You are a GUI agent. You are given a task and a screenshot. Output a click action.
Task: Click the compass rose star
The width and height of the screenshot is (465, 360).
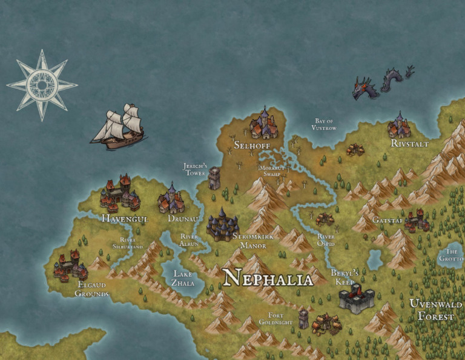click(x=42, y=85)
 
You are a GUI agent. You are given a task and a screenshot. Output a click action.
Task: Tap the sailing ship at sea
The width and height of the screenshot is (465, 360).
click(x=119, y=127)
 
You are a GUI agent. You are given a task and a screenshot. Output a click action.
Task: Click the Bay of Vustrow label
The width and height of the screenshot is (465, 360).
click(x=324, y=125)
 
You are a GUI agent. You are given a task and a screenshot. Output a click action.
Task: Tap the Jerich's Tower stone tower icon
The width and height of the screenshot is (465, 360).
click(x=214, y=178)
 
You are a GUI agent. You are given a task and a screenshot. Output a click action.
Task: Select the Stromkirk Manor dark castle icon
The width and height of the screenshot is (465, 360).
click(x=222, y=225)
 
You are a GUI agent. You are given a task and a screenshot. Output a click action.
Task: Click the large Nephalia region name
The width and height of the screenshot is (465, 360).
click(x=268, y=279)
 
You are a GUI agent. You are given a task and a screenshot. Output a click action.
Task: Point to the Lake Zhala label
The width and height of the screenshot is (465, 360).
click(x=183, y=278)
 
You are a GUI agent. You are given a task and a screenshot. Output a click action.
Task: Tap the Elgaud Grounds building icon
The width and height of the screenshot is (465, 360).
click(x=70, y=267)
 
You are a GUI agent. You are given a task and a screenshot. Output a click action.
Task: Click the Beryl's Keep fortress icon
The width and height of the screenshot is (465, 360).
click(x=356, y=298)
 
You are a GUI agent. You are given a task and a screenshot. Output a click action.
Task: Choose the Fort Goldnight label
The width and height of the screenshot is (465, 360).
click(x=275, y=319)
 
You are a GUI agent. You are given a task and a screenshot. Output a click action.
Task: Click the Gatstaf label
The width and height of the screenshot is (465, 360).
click(x=387, y=219)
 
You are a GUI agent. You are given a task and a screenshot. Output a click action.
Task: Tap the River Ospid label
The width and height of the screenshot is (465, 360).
click(x=326, y=240)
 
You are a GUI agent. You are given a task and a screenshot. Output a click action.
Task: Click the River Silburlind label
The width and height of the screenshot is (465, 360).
click(x=128, y=244)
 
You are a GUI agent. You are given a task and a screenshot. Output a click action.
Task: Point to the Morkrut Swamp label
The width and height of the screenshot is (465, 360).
click(x=269, y=170)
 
